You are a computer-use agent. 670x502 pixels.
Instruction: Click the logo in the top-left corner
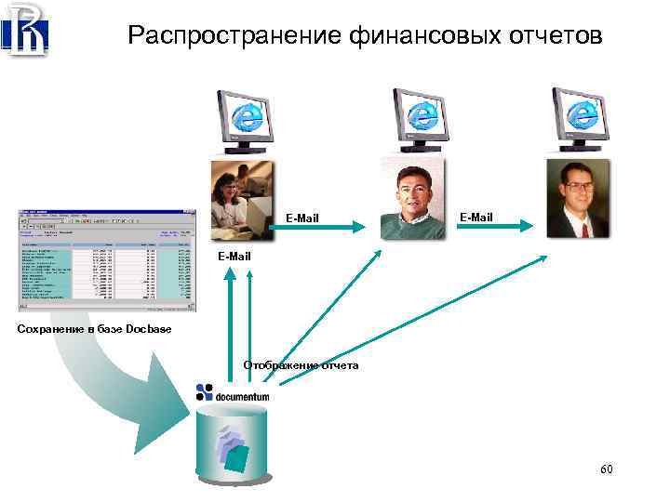[25, 30]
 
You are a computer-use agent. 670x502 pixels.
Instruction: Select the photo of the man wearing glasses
[577, 198]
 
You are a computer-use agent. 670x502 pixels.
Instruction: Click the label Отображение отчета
[301, 365]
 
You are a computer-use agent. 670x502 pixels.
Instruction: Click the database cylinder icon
[234, 442]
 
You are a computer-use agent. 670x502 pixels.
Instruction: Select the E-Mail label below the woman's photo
[234, 256]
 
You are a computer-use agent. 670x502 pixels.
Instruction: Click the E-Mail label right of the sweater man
[476, 217]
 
